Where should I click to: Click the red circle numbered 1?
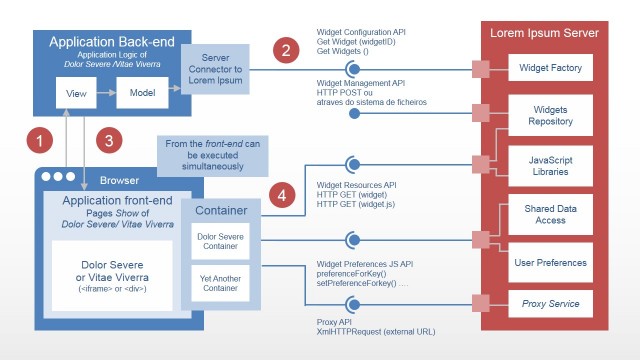pos(38,141)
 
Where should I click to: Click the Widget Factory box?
pos(551,68)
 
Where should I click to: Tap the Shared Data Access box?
pos(551,215)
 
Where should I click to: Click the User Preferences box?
pos(551,262)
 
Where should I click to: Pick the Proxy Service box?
pos(551,303)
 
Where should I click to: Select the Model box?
pos(143,95)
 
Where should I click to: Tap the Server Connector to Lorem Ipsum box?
pos(217,70)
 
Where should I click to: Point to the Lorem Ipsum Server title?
pos(544,33)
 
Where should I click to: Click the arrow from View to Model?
pos(105,95)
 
